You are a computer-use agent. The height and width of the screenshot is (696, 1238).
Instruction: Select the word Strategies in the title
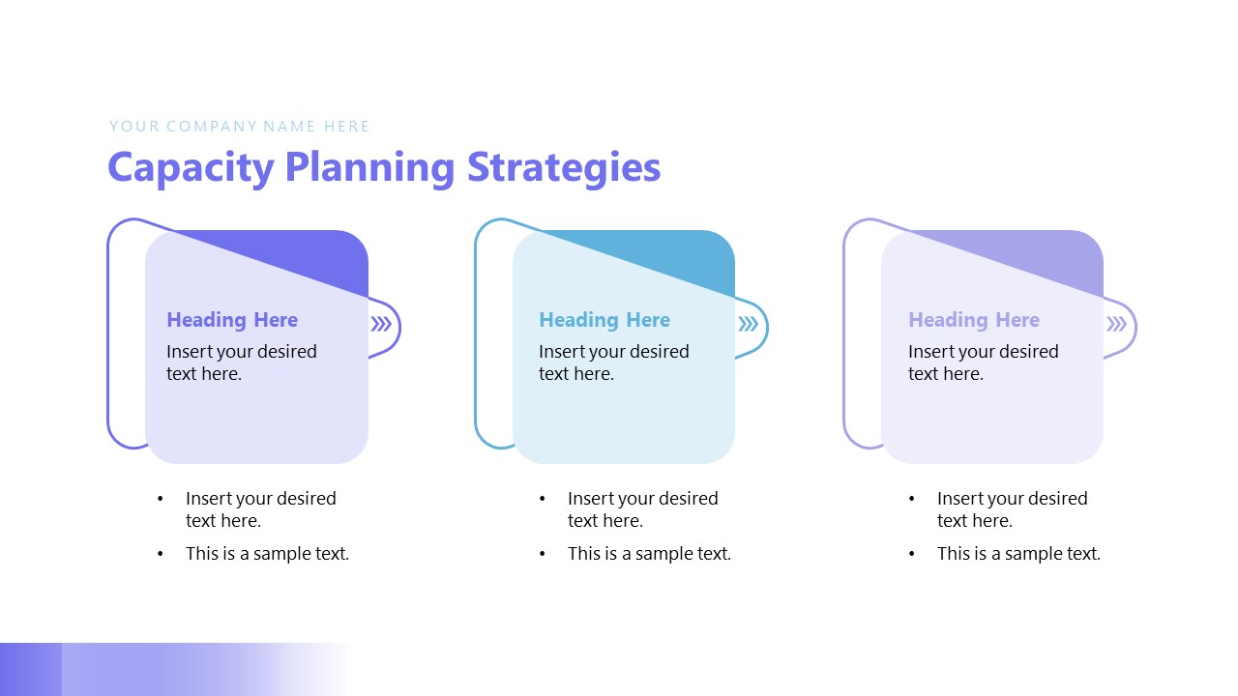point(564,167)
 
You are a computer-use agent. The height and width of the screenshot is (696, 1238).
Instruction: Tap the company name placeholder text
point(239,126)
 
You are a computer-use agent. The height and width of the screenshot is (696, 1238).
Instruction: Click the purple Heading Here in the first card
point(232,320)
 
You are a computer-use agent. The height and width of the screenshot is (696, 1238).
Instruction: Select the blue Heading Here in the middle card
point(604,320)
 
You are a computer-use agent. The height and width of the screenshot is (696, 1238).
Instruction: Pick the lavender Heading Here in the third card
point(974,320)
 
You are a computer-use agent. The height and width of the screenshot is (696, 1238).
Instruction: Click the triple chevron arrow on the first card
point(381,325)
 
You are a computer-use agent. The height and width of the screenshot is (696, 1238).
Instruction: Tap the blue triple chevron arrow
point(749,325)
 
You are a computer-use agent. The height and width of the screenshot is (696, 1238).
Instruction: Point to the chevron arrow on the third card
point(1117,325)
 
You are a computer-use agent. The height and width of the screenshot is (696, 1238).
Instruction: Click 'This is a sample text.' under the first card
point(267,554)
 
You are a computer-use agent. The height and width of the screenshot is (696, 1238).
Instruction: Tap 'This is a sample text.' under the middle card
point(649,554)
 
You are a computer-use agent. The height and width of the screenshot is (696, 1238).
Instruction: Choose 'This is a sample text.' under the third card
point(1018,554)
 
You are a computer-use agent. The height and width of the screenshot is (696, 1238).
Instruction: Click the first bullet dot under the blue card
point(543,499)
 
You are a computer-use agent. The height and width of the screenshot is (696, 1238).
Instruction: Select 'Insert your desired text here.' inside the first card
point(242,362)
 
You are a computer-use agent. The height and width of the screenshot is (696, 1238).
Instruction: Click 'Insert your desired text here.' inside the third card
point(983,362)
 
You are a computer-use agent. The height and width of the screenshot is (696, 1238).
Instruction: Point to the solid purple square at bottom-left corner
point(31,669)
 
